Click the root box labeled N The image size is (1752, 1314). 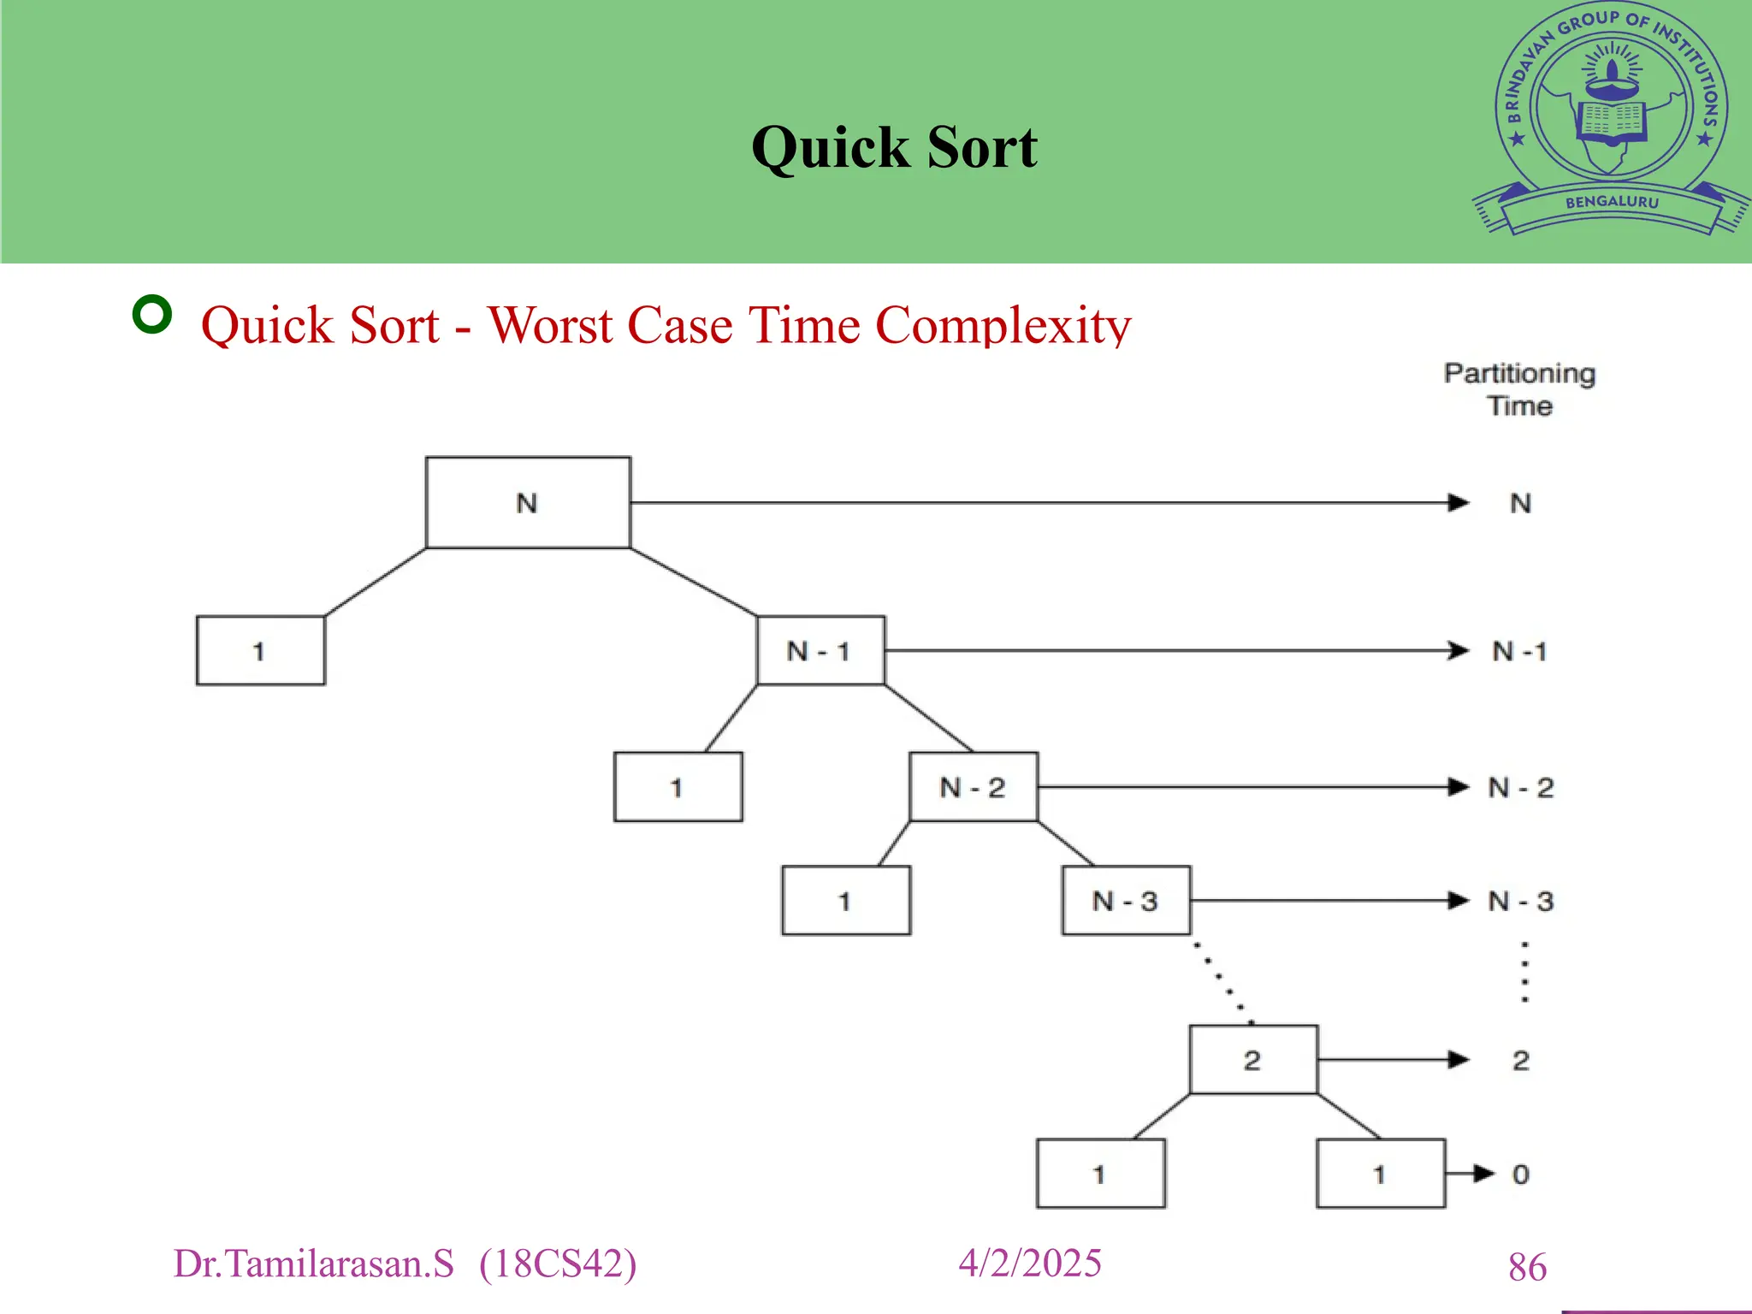point(528,502)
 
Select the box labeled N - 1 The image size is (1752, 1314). point(820,650)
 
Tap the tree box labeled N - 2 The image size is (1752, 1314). point(974,787)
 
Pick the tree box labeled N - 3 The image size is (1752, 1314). point(1126,901)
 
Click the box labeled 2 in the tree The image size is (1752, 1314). point(1253,1060)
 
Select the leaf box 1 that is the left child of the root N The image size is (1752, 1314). point(260,651)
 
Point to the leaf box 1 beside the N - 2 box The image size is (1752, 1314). point(678,787)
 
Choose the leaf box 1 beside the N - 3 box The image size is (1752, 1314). point(846,901)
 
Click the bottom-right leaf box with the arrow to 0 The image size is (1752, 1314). point(1380,1174)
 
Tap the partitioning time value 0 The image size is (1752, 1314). point(1520,1175)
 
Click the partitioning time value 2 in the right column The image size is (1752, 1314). point(1520,1061)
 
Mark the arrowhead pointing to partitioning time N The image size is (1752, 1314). point(1459,503)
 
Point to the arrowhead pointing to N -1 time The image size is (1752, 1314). point(1459,651)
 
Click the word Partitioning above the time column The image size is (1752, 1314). point(1519,374)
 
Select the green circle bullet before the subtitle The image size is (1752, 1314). point(152,315)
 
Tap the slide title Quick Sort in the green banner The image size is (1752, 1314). point(894,147)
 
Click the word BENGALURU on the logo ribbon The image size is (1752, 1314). point(1612,203)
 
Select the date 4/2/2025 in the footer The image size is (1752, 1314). point(1030,1264)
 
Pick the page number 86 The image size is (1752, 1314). point(1527,1267)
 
